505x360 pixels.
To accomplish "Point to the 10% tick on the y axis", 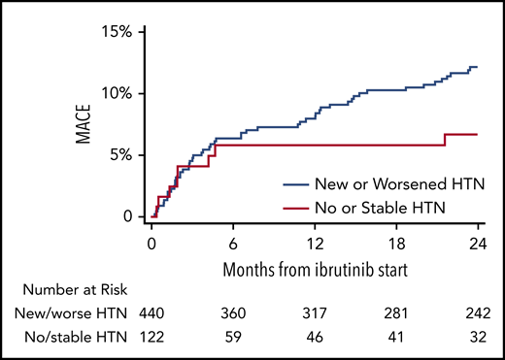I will pyautogui.click(x=117, y=93).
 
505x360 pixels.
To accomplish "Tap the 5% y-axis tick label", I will pyautogui.click(x=120, y=154).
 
